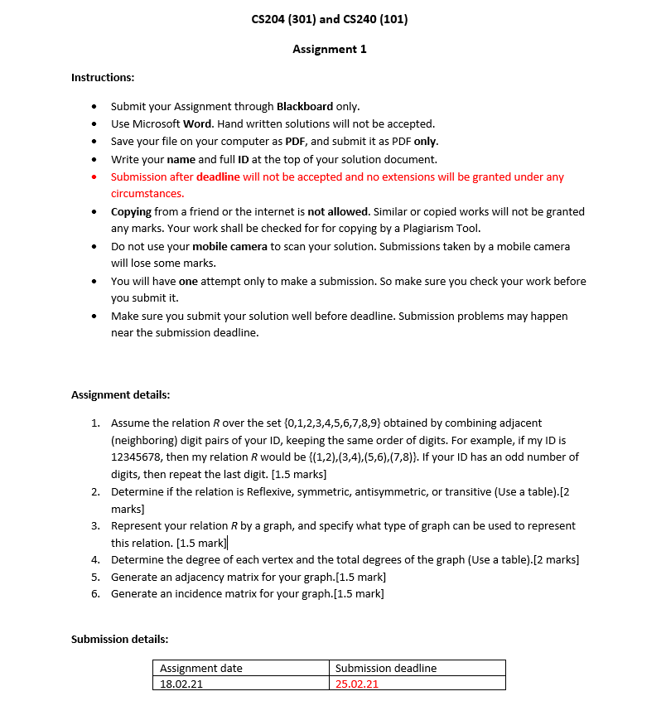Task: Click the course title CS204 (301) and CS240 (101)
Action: point(329,19)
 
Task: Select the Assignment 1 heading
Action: point(329,49)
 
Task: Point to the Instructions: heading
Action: point(103,77)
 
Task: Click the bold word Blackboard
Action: point(304,106)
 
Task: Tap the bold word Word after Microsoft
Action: point(196,123)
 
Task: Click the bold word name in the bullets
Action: point(181,159)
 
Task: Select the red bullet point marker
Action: point(94,176)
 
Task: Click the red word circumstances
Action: point(147,194)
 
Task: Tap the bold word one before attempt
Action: point(188,281)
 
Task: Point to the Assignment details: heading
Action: point(120,394)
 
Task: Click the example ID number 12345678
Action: point(137,457)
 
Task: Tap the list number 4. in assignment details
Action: point(96,559)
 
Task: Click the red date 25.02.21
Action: point(356,684)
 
